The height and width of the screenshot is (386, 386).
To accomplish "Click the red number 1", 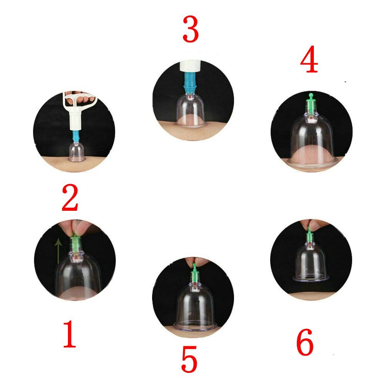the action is point(69,334).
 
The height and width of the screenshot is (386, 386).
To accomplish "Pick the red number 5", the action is point(189,359).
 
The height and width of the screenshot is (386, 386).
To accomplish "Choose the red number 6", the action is point(305,342).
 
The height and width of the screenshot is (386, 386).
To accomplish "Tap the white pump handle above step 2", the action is point(79,100).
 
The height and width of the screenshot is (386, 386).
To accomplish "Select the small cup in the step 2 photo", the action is point(76,152).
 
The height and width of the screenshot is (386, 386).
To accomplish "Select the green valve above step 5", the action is point(195,273).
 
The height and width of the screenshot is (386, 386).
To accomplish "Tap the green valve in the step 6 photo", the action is point(309,235).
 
